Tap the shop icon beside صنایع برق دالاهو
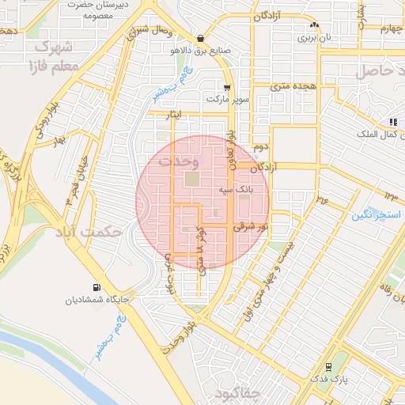coord(201,38)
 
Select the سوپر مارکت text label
coord(228,100)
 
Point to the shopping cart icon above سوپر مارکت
coord(227,89)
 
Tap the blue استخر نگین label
coord(374,214)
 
